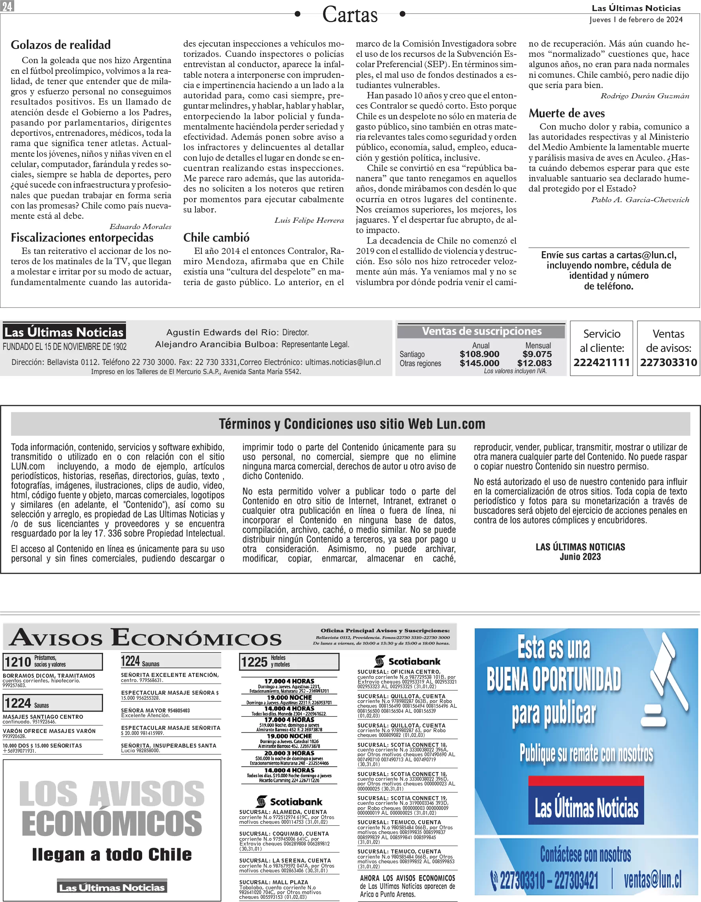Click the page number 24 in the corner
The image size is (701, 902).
8,6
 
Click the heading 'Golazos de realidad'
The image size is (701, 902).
61,45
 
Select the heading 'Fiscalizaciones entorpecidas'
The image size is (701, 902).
82,237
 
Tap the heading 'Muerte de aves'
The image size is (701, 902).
567,113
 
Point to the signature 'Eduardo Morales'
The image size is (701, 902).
140,226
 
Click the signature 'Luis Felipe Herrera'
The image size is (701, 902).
309,220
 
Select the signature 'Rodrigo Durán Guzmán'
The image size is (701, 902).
645,96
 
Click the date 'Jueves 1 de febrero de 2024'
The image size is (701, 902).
636,19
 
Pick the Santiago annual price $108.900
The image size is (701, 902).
479,354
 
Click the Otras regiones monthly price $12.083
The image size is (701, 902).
534,363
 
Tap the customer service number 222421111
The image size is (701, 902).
601,362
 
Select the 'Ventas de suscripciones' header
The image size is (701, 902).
482,331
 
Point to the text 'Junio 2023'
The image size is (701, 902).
580,557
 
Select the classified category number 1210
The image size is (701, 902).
18,661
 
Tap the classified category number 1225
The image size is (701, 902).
254,661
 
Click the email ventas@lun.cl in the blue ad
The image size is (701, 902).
652,880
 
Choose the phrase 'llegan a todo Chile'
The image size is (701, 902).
112,854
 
